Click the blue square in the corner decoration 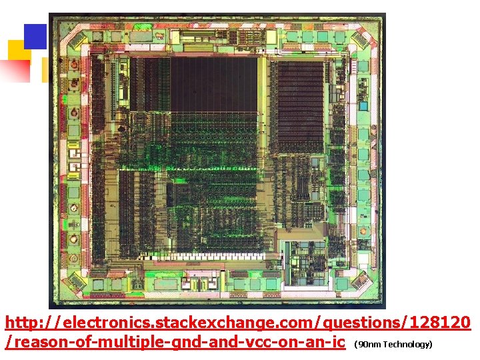(x=35, y=36)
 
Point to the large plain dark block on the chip (x=213, y=84)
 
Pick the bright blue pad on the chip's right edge (x=363, y=105)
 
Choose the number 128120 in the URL (x=440, y=323)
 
